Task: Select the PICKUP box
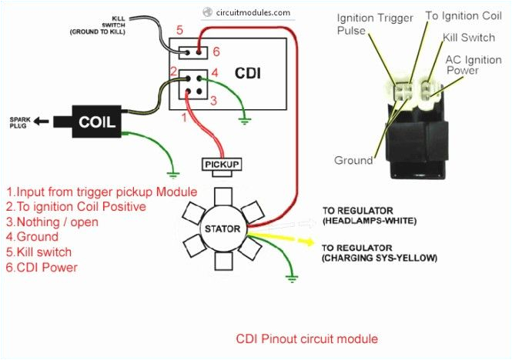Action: [222, 165]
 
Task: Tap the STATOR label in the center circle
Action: [222, 229]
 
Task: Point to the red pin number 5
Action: [179, 31]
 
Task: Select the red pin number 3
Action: [216, 101]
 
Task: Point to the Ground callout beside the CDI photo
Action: [353, 161]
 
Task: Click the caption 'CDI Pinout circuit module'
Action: [306, 338]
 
